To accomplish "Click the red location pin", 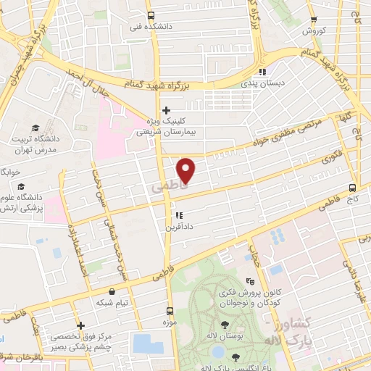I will pos(186,170).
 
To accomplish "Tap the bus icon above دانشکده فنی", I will pos(150,16).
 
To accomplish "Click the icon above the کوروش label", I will pos(313,20).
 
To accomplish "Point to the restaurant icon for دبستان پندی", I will pos(262,72).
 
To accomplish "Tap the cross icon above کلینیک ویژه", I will pos(167,110).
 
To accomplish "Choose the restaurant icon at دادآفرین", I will pos(178,215).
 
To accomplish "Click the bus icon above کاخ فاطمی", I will pos(352,186).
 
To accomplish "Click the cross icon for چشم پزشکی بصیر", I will pos(80,325).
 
